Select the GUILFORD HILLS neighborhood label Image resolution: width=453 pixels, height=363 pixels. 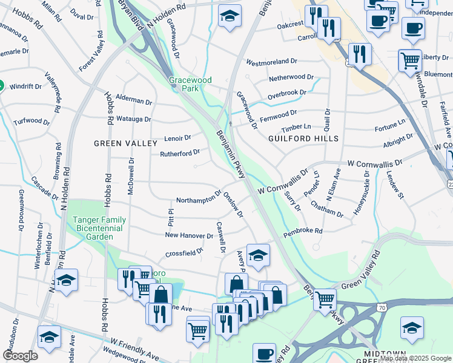point(303,139)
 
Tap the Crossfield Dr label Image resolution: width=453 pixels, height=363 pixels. point(185,253)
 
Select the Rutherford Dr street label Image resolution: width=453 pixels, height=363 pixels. point(179,154)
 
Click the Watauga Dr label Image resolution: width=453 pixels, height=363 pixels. point(133,119)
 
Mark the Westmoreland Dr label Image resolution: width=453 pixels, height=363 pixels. point(272,62)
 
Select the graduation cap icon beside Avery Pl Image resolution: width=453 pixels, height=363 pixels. point(257,256)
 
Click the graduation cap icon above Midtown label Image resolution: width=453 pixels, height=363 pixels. point(412,328)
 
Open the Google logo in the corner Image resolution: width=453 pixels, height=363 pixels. point(20,356)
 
